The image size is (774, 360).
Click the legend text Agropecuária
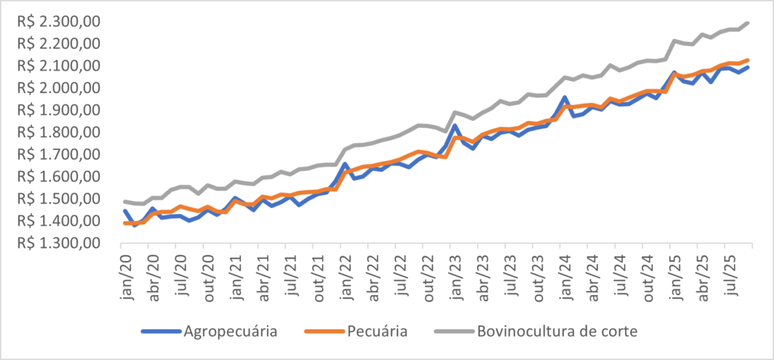click(230, 331)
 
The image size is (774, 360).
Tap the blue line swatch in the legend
click(159, 331)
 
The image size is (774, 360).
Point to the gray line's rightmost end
click(748, 23)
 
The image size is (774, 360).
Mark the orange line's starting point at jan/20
click(123, 223)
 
